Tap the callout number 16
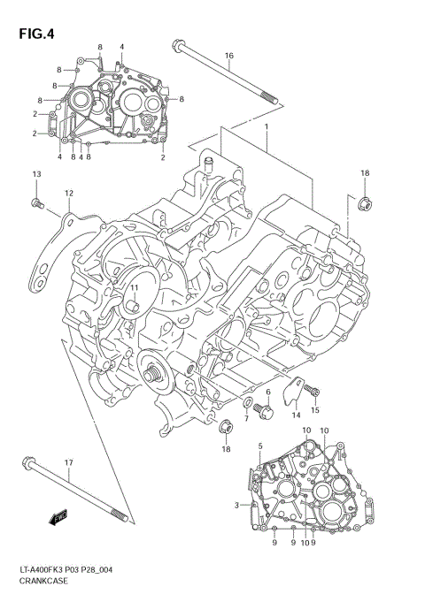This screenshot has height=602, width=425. coord(228,56)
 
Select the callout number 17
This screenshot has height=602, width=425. coord(68,462)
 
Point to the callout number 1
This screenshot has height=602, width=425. coord(265,127)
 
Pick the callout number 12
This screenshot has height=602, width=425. coord(67,192)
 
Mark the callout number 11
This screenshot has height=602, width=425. coord(135,288)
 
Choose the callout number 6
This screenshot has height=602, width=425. coord(267,392)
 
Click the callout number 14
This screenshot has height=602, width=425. coord(297,414)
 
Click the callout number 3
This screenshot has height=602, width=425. coord(237,505)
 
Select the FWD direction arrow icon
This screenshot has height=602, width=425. coord(60,516)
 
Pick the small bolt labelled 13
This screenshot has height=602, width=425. coord(36,204)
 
